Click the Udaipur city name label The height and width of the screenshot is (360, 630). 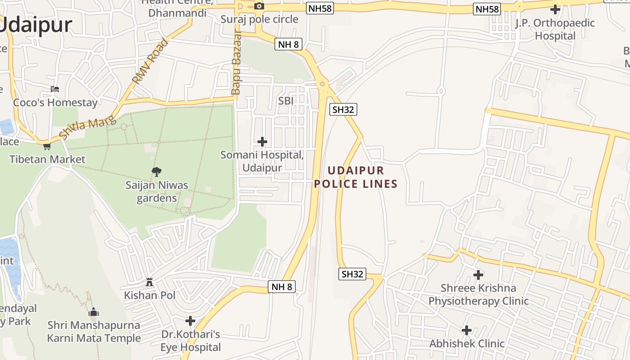(x=36, y=25)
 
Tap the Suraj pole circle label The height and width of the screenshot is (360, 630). (x=259, y=19)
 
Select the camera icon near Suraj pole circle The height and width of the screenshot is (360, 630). (x=259, y=6)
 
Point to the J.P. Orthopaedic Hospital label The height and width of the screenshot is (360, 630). (x=555, y=29)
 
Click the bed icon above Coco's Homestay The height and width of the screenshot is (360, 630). (x=55, y=89)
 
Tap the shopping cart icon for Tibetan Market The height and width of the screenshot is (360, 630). (x=47, y=146)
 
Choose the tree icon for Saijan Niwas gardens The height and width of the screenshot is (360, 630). (x=157, y=171)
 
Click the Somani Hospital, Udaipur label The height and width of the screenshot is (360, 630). (x=262, y=161)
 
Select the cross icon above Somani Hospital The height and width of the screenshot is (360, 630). (x=262, y=142)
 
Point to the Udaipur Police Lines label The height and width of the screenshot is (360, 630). (x=356, y=177)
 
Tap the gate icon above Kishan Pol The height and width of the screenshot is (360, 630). (x=149, y=282)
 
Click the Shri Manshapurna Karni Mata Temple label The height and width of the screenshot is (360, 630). (x=94, y=331)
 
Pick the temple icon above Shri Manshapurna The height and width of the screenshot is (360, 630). (x=94, y=311)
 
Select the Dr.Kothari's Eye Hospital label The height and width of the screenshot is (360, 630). (x=191, y=341)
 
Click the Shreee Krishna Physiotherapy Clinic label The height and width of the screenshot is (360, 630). (x=478, y=294)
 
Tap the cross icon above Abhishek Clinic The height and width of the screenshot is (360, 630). (x=467, y=330)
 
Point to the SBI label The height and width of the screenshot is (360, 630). (x=286, y=101)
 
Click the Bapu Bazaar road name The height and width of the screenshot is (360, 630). (x=236, y=63)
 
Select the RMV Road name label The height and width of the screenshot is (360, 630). (x=150, y=62)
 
